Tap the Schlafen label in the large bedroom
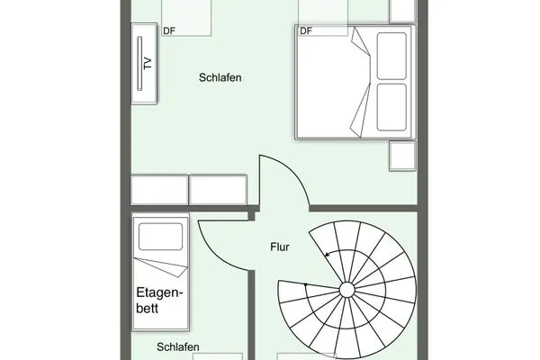click(220, 78)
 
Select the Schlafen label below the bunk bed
click(176, 346)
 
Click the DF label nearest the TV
click(169, 31)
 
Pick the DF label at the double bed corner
click(305, 31)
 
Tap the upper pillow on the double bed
click(391, 56)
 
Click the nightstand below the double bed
click(400, 157)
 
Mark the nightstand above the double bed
click(402, 11)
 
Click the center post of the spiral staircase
click(347, 289)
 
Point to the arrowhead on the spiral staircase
click(328, 255)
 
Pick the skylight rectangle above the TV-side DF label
click(186, 13)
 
